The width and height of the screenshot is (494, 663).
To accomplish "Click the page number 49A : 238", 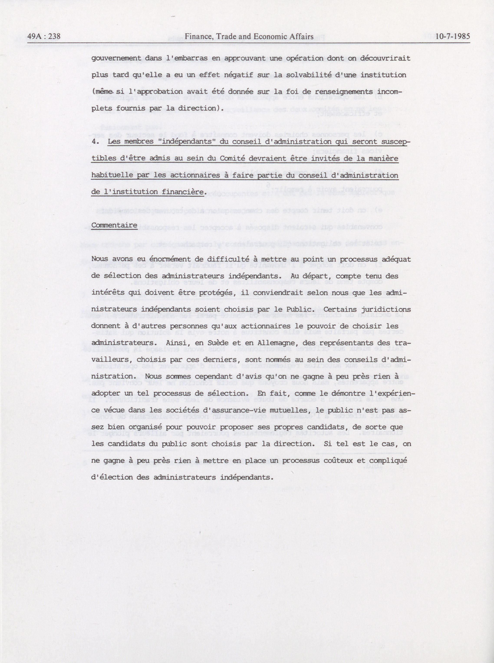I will [44, 36].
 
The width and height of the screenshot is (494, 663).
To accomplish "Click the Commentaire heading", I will [114, 225].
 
